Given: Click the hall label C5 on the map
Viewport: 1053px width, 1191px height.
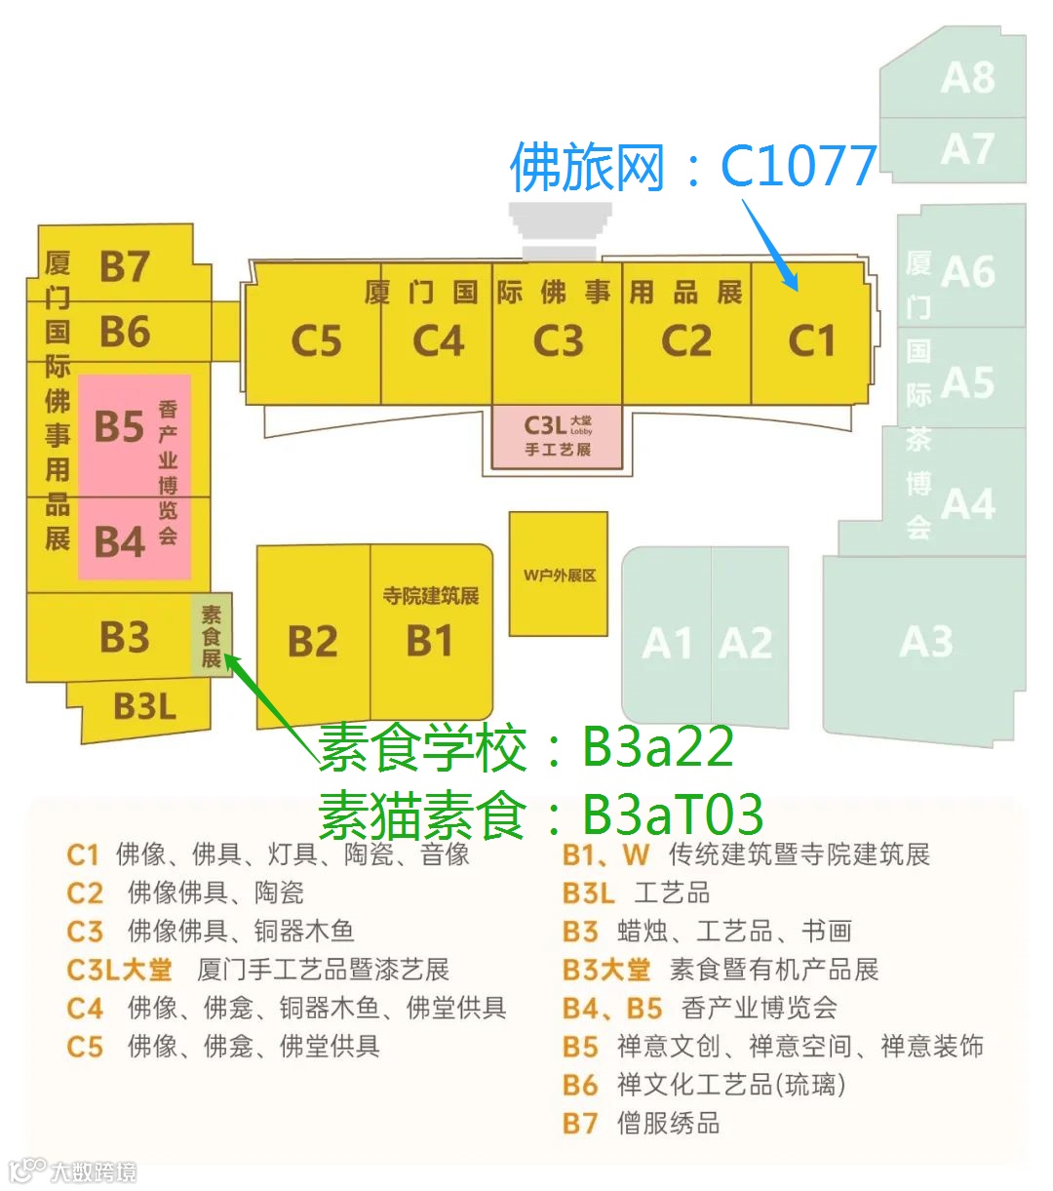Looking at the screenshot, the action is [x=316, y=341].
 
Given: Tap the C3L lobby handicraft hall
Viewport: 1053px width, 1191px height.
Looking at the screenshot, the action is [x=558, y=436].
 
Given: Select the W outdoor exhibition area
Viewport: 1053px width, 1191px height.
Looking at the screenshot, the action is [x=559, y=575].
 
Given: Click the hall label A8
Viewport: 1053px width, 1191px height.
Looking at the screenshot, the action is [x=967, y=78].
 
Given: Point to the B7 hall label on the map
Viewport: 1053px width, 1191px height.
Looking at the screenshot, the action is [x=125, y=266].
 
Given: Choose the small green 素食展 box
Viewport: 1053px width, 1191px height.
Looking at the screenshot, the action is [x=212, y=635].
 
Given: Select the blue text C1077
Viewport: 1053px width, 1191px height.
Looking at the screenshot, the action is [x=798, y=167].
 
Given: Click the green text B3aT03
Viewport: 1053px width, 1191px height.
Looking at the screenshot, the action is [x=673, y=814].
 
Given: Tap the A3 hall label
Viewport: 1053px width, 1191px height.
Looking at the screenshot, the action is [x=926, y=642].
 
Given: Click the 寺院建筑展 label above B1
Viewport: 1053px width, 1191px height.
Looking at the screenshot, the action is [x=430, y=595].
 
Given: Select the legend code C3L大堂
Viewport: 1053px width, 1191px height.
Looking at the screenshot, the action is [x=119, y=970].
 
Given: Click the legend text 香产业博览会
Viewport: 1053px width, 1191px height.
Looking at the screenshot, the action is [x=759, y=1008].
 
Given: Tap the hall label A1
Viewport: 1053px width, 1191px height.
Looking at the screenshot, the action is [x=667, y=644].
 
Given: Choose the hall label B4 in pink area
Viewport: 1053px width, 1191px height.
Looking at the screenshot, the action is [x=119, y=541].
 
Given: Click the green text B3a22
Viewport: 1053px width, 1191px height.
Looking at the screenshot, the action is [x=657, y=747].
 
